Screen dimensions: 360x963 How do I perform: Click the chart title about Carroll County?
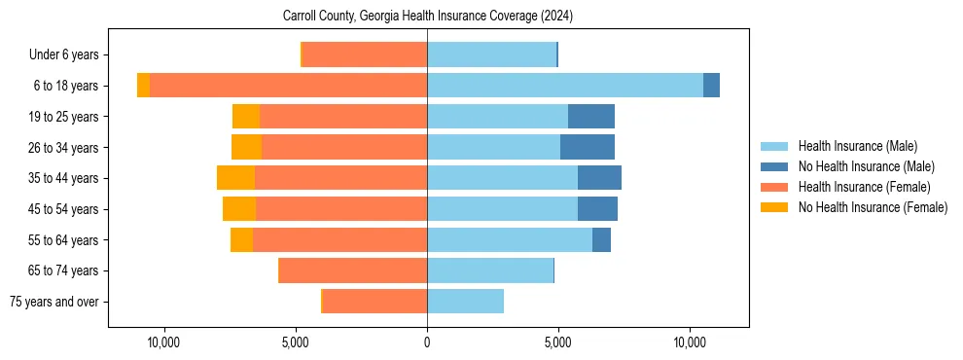pyautogui.click(x=428, y=17)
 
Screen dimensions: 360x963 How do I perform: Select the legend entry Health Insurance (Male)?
pyautogui.click(x=857, y=146)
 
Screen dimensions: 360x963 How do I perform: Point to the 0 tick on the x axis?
pyautogui.click(x=427, y=342)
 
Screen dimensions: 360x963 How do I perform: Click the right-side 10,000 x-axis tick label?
pyautogui.click(x=690, y=342)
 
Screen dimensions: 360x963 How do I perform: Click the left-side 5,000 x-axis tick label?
pyautogui.click(x=295, y=342)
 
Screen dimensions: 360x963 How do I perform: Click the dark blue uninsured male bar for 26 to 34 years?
pyautogui.click(x=588, y=147)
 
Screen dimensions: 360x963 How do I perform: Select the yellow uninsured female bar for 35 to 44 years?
pyautogui.click(x=235, y=178)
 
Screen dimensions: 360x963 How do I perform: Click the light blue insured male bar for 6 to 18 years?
pyautogui.click(x=564, y=86)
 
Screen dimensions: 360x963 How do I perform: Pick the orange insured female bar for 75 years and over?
pyautogui.click(x=374, y=302)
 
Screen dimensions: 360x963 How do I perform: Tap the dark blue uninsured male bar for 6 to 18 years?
pyautogui.click(x=711, y=86)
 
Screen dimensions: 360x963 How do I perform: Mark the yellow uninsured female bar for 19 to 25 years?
pyautogui.click(x=246, y=117)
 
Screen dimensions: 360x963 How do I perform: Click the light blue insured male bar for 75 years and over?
pyautogui.click(x=465, y=302)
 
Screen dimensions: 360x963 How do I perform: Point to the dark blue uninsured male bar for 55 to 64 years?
pyautogui.click(x=601, y=239)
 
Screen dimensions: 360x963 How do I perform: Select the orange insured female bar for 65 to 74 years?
pyautogui.click(x=353, y=270)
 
